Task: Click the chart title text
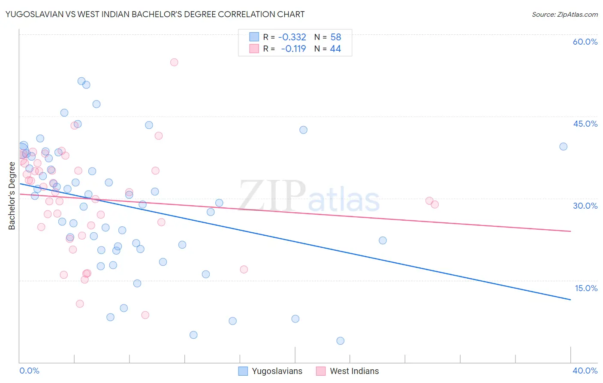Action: pyautogui.click(x=155, y=14)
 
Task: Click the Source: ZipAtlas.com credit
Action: pyautogui.click(x=564, y=15)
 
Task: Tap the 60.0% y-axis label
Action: pyautogui.click(x=585, y=42)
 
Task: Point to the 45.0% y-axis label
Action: pyautogui.click(x=585, y=124)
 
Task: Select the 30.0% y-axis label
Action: pyautogui.click(x=585, y=206)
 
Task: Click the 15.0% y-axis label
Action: pyautogui.click(x=586, y=288)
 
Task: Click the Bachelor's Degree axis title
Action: pyautogui.click(x=12, y=196)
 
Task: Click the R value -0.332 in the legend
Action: pyautogui.click(x=292, y=37)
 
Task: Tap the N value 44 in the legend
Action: pyautogui.click(x=335, y=49)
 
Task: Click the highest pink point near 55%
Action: pyautogui.click(x=174, y=62)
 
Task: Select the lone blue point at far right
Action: pyautogui.click(x=564, y=146)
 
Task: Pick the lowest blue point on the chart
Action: pyautogui.click(x=341, y=341)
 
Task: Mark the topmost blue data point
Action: pyautogui.click(x=81, y=81)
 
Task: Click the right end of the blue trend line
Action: pyautogui.click(x=570, y=300)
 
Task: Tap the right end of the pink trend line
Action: pyautogui.click(x=570, y=231)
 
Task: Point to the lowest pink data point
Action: pyautogui.click(x=145, y=315)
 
